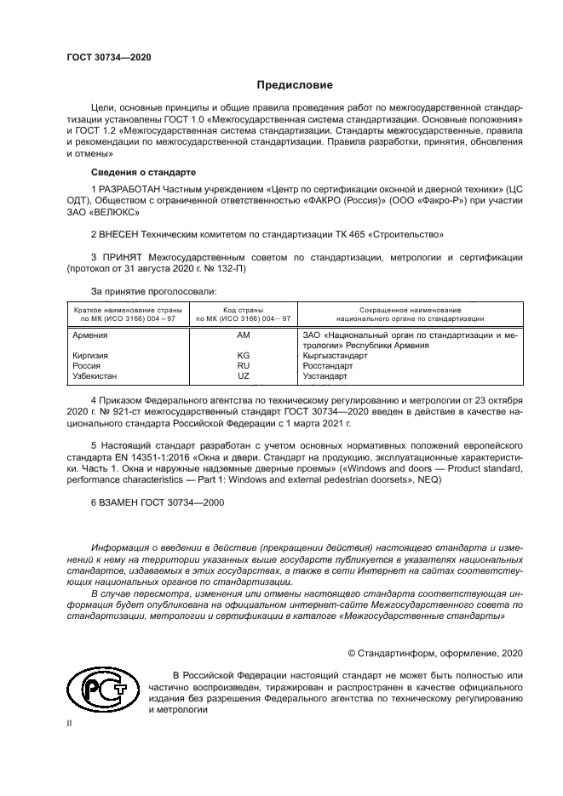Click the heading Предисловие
point(296,85)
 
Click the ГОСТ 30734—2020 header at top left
point(108,56)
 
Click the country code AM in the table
point(243,336)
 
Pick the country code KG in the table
point(243,355)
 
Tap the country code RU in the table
point(243,365)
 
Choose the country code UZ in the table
point(243,375)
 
